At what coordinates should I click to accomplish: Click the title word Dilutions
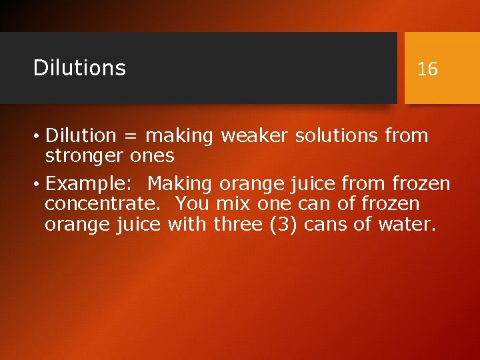tap(79, 67)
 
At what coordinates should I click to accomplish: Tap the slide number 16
tap(427, 69)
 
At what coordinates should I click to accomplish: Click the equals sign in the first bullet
tap(131, 136)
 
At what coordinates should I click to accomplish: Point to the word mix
tap(233, 203)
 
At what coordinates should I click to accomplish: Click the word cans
tap(325, 225)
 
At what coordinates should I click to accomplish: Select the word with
tap(188, 225)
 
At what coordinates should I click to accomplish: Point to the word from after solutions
tap(406, 136)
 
